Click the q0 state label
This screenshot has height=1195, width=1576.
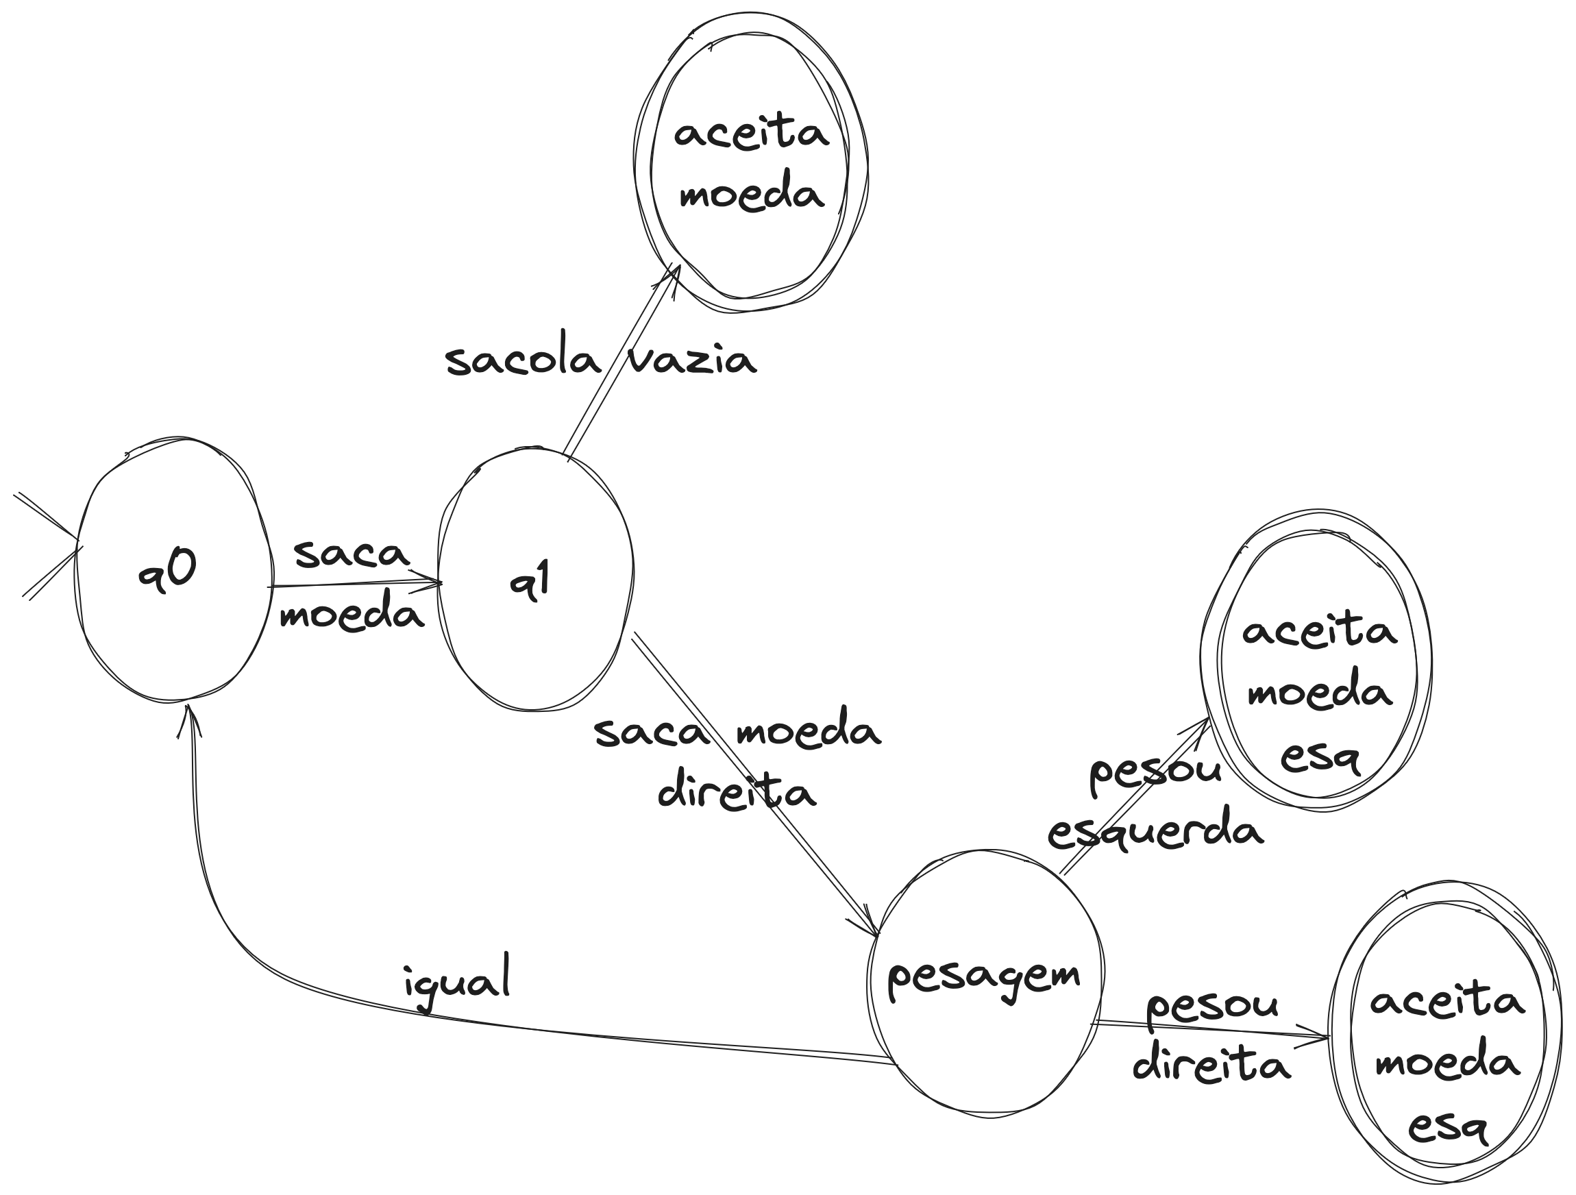click(168, 572)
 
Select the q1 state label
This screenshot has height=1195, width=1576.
click(531, 583)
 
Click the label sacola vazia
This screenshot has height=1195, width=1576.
click(600, 360)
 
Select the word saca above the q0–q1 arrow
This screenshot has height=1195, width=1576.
click(352, 554)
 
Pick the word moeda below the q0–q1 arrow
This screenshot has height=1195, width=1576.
click(352, 614)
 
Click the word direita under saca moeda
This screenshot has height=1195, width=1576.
click(736, 791)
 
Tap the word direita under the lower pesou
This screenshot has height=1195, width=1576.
click(1211, 1065)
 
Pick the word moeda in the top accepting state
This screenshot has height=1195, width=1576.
click(752, 194)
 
